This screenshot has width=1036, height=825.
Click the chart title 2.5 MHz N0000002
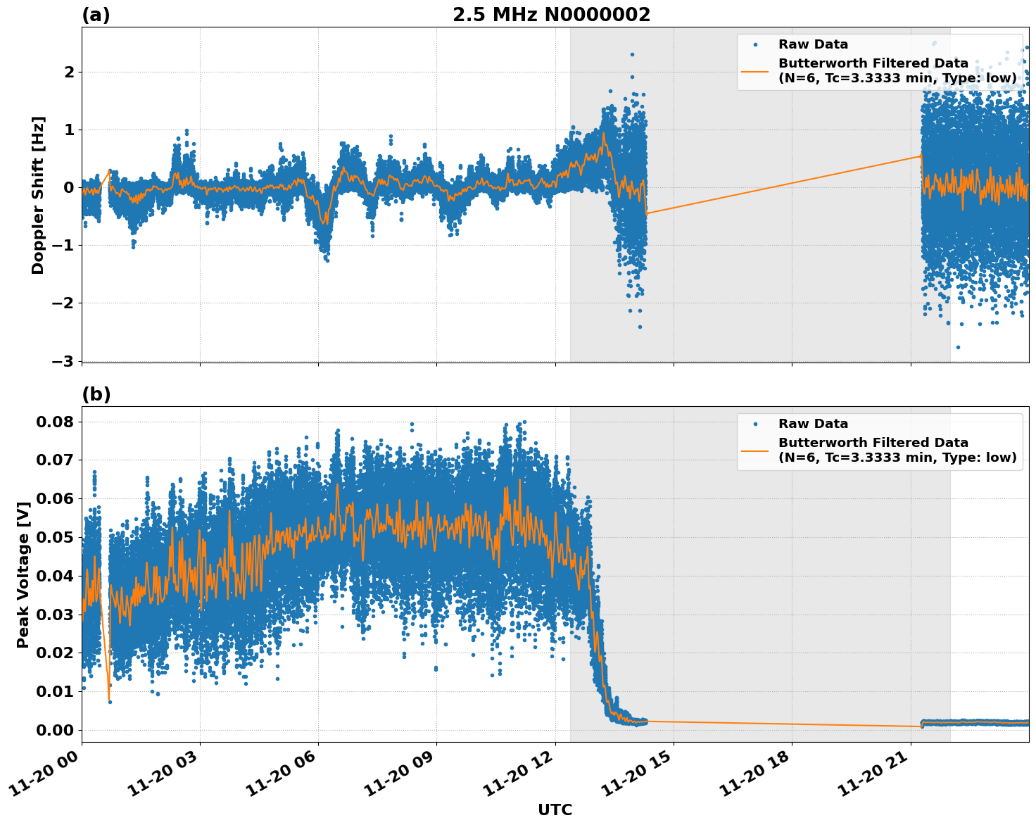(x=551, y=15)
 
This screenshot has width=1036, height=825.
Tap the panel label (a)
(x=96, y=15)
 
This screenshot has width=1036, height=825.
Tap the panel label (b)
(x=96, y=394)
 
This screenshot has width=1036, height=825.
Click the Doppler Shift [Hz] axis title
(x=38, y=195)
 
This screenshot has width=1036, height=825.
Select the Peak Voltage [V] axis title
(x=23, y=574)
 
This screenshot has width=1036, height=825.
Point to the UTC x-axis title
(x=555, y=810)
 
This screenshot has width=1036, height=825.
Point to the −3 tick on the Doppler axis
(x=63, y=361)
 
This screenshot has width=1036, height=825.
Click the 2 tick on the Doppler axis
(x=69, y=72)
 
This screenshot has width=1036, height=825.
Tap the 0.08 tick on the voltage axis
(x=55, y=422)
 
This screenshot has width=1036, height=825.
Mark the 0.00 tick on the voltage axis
(x=55, y=730)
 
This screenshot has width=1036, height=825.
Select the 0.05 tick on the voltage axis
(x=55, y=537)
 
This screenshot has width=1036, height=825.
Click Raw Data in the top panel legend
(x=813, y=44)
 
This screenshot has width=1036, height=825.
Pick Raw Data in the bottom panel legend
(x=813, y=424)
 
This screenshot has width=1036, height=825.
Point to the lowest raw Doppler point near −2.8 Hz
(x=958, y=347)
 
